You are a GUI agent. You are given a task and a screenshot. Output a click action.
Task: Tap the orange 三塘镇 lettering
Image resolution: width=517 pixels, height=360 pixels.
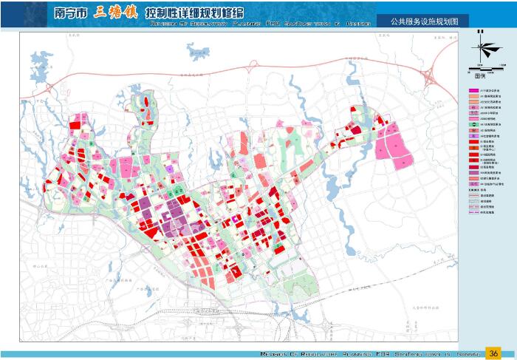coord(116,13)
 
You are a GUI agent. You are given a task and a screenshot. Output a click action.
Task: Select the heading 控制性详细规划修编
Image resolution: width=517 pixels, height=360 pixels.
coord(193,14)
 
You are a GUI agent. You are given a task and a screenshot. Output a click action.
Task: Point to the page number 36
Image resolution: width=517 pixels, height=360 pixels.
coord(494,352)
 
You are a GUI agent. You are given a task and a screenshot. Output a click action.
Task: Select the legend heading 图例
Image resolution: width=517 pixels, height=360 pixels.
coord(481,75)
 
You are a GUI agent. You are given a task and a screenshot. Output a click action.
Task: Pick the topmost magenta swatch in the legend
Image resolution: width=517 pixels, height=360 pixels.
coord(473,90)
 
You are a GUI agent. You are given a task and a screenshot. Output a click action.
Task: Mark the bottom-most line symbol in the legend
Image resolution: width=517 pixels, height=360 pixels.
coord(473,212)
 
